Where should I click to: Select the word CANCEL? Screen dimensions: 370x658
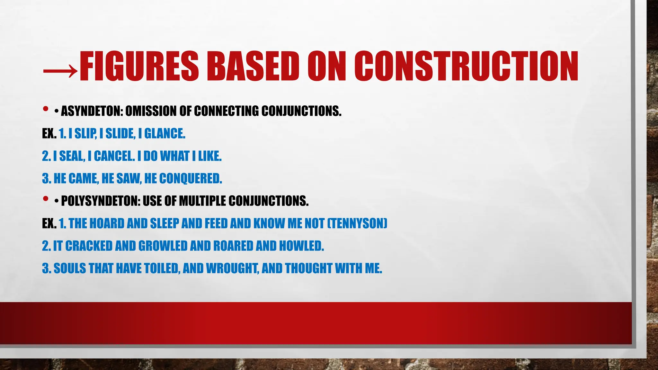click(114, 156)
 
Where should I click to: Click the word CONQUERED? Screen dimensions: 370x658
click(190, 179)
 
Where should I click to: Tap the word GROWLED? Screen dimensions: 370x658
click(163, 246)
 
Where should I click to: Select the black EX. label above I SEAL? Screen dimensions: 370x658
click(49, 134)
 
